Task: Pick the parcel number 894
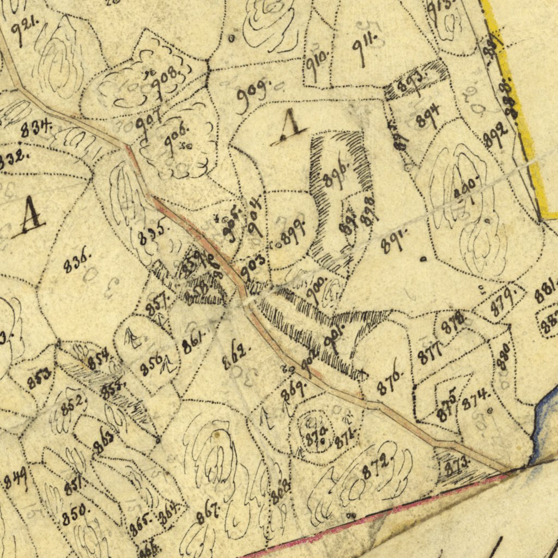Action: pyautogui.click(x=428, y=115)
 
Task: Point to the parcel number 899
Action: pyautogui.click(x=293, y=233)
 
